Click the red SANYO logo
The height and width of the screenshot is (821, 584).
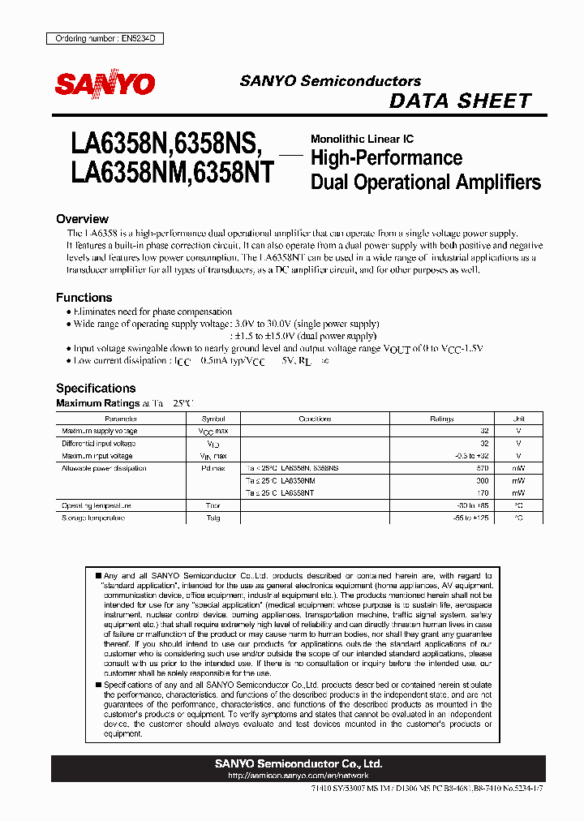tap(104, 84)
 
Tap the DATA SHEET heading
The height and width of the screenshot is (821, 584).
tap(460, 101)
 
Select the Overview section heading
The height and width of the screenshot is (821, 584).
tap(82, 219)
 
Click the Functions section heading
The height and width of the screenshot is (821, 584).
tap(84, 298)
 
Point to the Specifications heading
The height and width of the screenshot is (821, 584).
tap(96, 388)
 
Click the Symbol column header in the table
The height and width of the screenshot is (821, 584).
tap(212, 419)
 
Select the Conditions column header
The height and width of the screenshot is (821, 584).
tap(315, 419)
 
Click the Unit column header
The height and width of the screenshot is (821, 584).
tap(519, 419)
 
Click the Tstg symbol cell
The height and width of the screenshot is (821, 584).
tap(213, 518)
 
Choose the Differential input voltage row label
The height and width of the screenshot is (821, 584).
tap(97, 444)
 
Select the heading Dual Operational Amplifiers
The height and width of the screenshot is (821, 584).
tap(426, 182)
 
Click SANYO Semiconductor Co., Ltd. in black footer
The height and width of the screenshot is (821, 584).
tap(298, 764)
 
